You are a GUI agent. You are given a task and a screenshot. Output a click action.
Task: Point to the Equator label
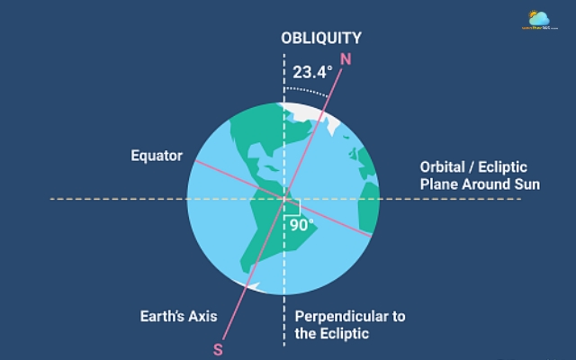157,156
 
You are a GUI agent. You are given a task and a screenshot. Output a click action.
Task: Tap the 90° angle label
301,225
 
